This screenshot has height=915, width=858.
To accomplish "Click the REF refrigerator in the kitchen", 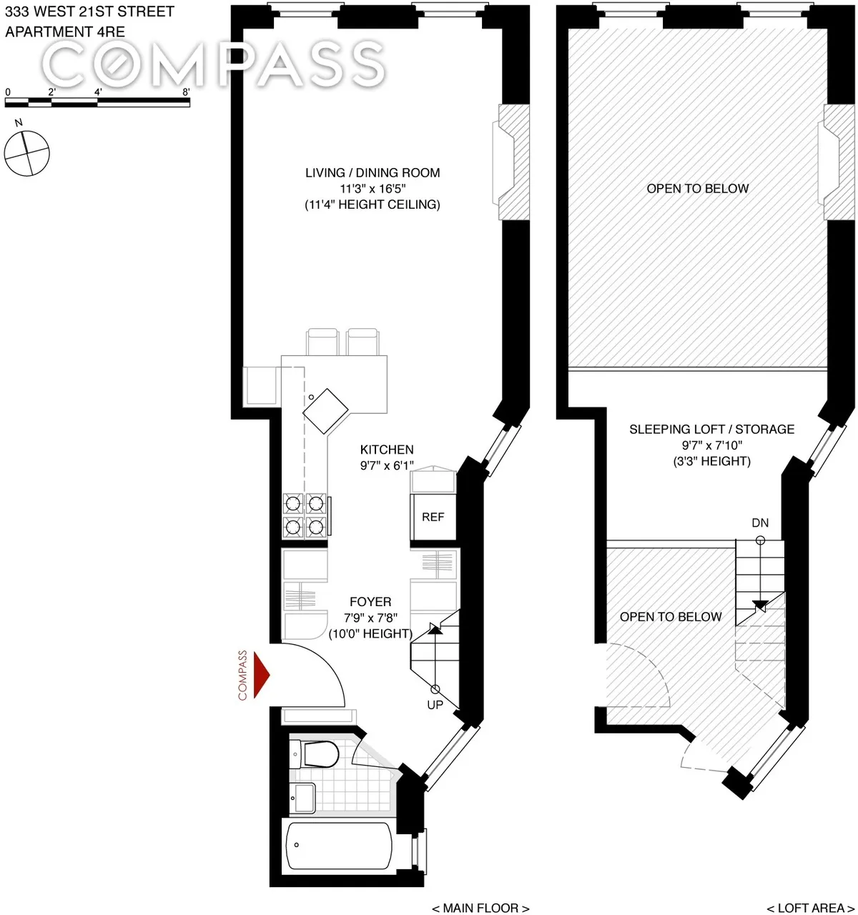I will coord(433,517).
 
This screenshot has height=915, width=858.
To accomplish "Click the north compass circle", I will coord(27,153).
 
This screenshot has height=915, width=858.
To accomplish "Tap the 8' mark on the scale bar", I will coord(186,92).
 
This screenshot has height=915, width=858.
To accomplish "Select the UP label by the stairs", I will coord(435,705).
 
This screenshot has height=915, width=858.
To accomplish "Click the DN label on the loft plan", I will coord(760,523).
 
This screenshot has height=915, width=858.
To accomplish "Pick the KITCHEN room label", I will coord(387,450).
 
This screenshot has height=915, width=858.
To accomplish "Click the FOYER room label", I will coord(370,602).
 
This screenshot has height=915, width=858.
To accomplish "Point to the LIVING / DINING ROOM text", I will coord(373,173).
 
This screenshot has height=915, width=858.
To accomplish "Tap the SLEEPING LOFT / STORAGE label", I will coord(711,430).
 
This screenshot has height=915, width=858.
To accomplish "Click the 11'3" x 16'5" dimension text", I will coord(373,189).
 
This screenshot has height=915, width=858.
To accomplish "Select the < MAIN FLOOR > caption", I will coord(480,908).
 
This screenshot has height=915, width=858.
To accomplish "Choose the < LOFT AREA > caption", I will coord(811,908).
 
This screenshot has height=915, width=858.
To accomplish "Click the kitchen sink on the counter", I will coord(325,410).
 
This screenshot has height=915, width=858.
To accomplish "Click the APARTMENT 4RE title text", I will coord(65,32).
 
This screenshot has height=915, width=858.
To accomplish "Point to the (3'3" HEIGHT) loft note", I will coord(711,461).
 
